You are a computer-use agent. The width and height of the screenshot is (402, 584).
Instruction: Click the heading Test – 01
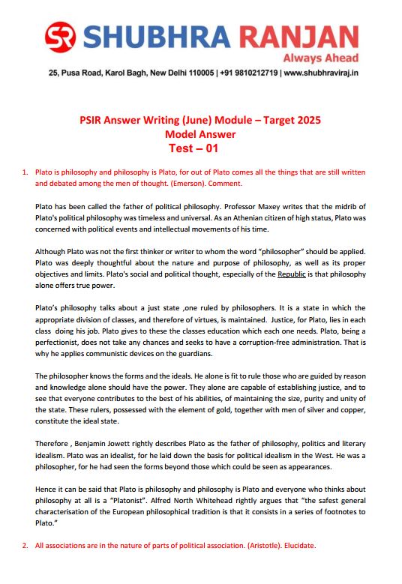point(200,148)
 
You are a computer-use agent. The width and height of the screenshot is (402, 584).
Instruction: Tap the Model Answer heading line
point(200,135)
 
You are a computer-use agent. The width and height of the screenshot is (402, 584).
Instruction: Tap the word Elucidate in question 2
point(300,545)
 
